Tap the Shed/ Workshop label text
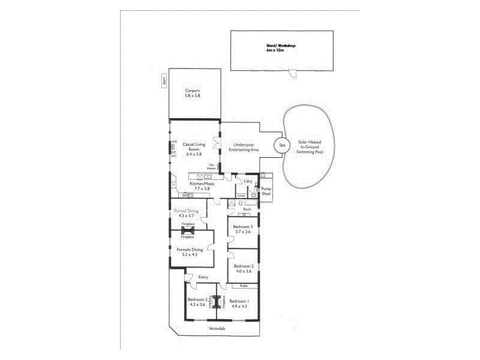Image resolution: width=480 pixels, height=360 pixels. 281,46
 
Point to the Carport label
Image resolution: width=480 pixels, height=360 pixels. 193,91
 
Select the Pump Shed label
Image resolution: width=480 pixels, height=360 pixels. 266,191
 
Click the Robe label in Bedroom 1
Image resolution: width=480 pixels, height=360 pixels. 244,286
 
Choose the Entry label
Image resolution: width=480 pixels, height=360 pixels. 203,277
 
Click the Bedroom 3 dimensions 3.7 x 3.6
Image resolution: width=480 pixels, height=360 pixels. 243,232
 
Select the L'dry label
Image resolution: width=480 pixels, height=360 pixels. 247,181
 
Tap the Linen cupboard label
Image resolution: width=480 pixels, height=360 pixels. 241,196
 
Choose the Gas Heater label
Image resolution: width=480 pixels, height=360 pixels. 211,167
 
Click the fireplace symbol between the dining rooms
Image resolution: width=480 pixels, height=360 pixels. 188,230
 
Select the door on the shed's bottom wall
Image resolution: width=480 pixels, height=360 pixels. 293,73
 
